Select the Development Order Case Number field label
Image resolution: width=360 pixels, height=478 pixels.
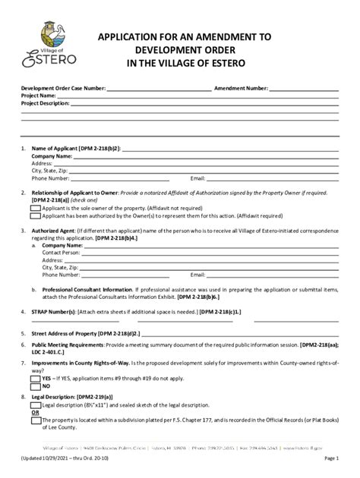[x=63, y=89]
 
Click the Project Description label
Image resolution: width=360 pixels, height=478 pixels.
[x=46, y=103]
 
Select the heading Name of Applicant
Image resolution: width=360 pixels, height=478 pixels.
[x=62, y=149]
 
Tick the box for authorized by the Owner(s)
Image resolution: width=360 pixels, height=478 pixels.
[x=36, y=215]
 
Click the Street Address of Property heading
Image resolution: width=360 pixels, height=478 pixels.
[x=73, y=332]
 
